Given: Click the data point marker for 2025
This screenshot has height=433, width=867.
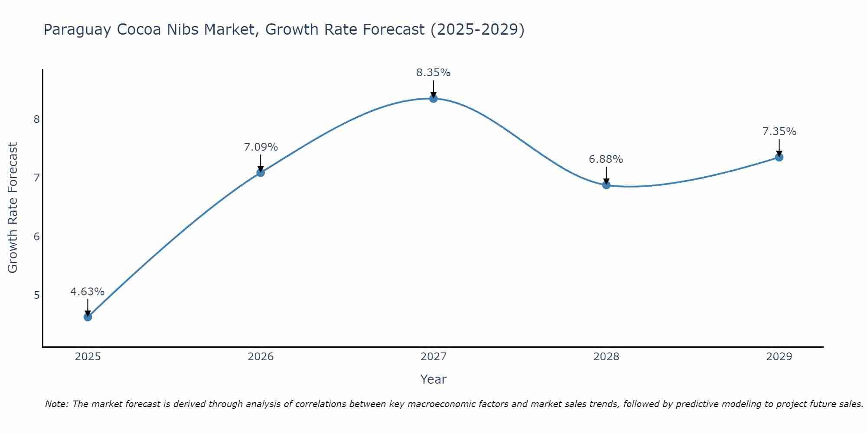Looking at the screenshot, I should [88, 317].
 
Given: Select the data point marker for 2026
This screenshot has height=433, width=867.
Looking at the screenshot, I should [261, 172].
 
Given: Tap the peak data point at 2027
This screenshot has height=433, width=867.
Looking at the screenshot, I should [433, 99].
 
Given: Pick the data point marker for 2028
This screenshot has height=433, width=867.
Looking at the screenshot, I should [606, 185].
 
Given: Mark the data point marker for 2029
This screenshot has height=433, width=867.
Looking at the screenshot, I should [779, 157].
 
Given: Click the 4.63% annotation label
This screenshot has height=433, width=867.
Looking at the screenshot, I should [88, 292].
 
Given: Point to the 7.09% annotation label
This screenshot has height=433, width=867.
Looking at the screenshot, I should [261, 147].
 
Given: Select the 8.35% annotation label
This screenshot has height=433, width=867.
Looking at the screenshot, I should [433, 73].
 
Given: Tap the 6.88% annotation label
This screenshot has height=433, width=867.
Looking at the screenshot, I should [606, 159].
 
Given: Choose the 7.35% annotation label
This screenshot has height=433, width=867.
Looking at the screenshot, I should [779, 132].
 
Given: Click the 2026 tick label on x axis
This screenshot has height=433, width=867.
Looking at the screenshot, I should [261, 357].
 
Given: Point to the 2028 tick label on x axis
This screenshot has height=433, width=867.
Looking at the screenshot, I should [606, 357].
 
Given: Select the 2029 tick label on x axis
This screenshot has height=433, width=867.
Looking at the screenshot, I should [779, 357].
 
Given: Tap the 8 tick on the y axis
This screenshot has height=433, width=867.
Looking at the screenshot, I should [36, 119].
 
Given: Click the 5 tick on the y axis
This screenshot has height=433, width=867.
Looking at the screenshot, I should [36, 295].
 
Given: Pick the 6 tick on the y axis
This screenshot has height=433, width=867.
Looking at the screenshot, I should [36, 236].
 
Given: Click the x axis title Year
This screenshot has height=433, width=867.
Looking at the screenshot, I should [433, 379].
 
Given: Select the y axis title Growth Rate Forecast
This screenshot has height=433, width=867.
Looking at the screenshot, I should [13, 208].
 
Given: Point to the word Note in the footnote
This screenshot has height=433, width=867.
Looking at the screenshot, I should [56, 404].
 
